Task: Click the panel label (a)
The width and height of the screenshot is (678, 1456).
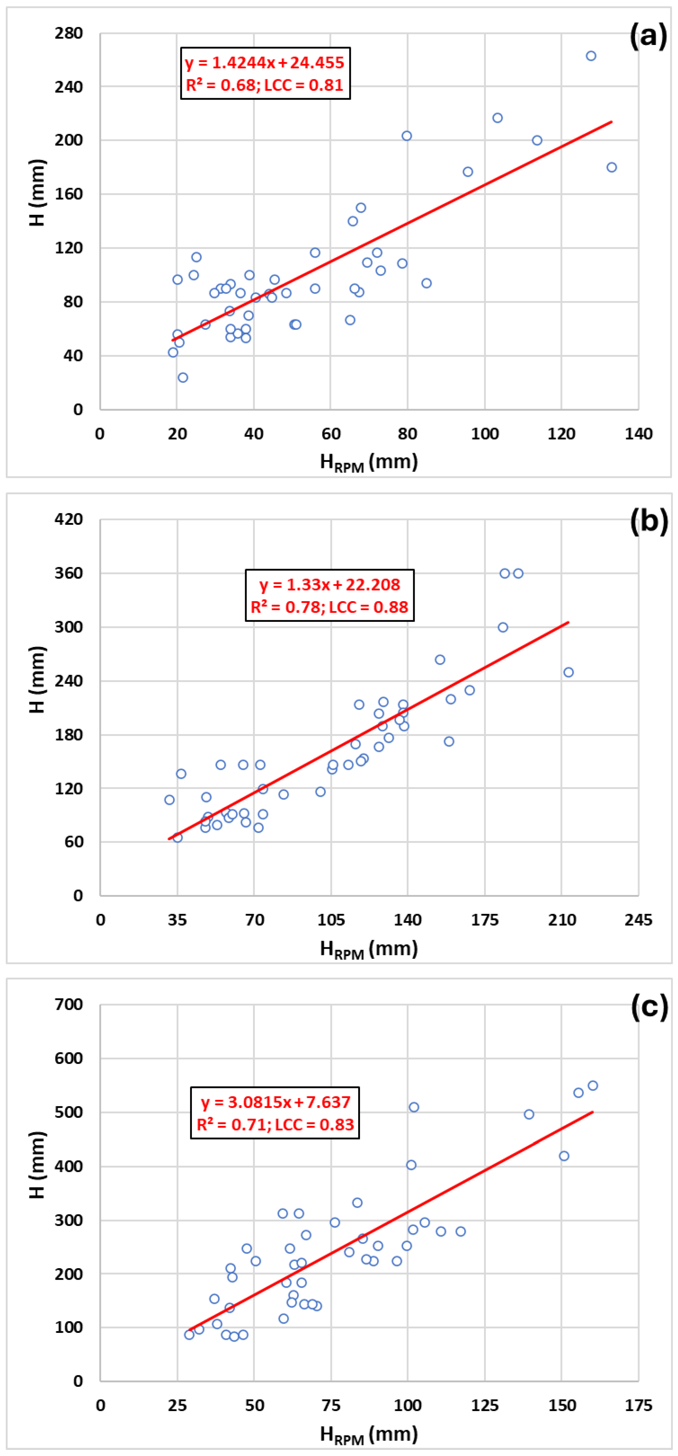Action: [x=648, y=36]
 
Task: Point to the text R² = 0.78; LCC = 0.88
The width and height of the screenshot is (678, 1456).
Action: [x=329, y=607]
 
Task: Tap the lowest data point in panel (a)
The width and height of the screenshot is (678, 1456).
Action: [x=183, y=377]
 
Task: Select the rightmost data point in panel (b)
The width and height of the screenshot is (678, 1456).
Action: [x=568, y=672]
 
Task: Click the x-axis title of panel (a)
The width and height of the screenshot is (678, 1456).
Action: [x=369, y=462]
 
